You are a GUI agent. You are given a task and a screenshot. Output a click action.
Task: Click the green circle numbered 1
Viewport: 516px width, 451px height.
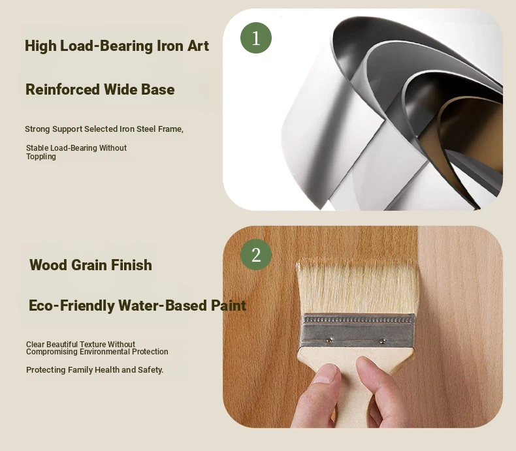click(256, 38)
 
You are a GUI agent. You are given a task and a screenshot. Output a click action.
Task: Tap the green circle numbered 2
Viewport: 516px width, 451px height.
click(256, 255)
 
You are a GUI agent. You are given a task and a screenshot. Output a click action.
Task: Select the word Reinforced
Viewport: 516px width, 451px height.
click(63, 89)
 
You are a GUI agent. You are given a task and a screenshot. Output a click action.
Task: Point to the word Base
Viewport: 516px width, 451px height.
click(157, 89)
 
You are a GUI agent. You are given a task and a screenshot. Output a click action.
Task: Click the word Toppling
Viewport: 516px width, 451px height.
click(41, 157)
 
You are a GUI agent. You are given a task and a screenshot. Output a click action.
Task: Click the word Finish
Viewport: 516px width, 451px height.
click(131, 265)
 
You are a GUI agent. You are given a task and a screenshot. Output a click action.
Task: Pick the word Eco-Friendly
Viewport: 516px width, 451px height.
click(71, 305)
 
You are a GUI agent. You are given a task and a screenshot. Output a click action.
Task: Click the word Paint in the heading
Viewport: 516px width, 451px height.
click(229, 305)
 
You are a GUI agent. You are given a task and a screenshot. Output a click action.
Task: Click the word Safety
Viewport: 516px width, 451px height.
click(151, 370)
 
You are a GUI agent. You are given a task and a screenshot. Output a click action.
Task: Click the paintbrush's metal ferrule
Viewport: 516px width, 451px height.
click(357, 331)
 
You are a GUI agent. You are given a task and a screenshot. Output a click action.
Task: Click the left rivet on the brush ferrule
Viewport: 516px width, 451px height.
click(329, 339)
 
